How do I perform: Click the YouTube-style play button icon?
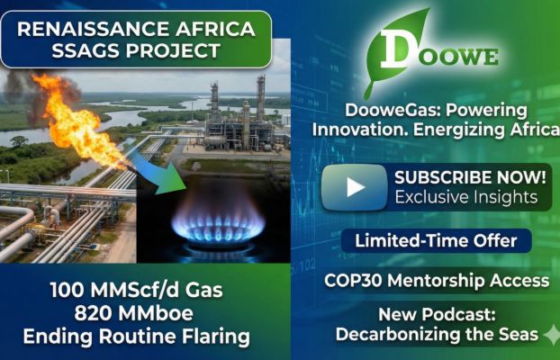coord(356,187)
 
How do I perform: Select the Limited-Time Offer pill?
coord(436,241)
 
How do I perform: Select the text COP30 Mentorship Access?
coord(436,281)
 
